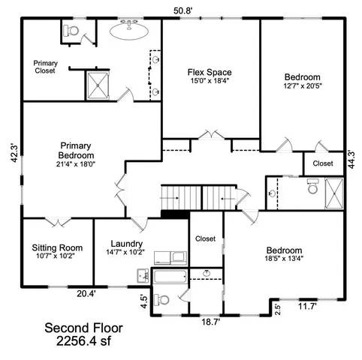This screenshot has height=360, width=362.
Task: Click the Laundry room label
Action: [x=126, y=244]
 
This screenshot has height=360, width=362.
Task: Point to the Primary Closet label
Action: [x=45, y=66]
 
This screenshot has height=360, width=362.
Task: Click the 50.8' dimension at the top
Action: [x=184, y=10]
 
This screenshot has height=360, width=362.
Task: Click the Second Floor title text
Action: [x=83, y=328]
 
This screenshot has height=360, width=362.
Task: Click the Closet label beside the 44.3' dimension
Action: [x=323, y=163]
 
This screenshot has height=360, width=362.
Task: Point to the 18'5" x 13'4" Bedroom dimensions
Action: [x=283, y=260]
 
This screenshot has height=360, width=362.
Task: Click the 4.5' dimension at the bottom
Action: [x=143, y=301]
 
